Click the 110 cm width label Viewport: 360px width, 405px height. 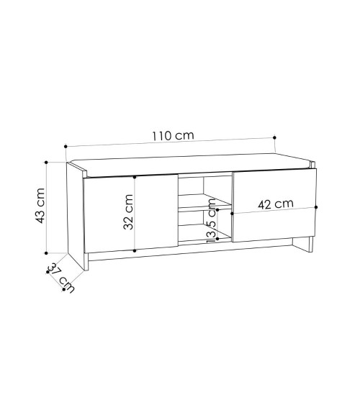173,136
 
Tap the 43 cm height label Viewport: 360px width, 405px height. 40,206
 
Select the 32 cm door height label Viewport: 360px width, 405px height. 128,211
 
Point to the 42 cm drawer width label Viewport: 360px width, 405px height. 276,204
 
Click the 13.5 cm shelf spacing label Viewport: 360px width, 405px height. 211,221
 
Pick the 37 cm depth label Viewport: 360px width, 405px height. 61,277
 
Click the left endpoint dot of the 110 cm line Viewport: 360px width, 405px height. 66,147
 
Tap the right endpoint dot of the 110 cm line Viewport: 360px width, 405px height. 274,137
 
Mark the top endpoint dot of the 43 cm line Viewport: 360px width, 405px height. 46,162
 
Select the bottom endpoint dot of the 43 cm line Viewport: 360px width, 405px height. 46,253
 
